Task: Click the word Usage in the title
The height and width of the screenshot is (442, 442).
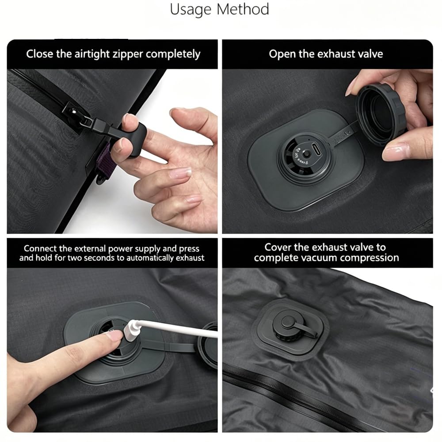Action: tap(190, 10)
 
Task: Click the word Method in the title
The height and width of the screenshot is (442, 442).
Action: tap(243, 9)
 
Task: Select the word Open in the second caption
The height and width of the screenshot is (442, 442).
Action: tap(282, 54)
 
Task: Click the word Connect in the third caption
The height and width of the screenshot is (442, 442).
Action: tap(41, 248)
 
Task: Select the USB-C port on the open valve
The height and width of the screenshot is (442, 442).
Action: tap(317, 149)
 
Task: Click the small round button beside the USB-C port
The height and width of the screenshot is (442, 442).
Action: tap(307, 154)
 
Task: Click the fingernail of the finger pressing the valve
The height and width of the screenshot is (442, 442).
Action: tap(115, 335)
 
